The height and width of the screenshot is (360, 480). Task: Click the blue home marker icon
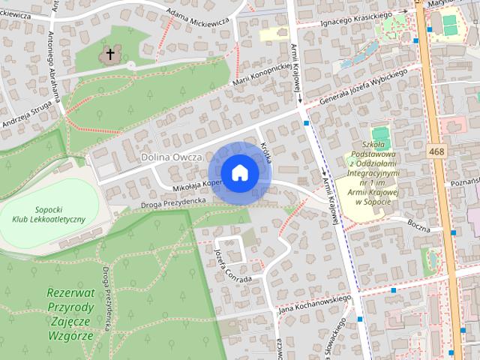coord(239,173)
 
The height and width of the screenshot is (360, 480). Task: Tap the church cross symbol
coord(111,54)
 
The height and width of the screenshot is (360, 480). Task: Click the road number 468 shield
coord(437,151)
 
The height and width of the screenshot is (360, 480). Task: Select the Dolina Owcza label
coord(172,157)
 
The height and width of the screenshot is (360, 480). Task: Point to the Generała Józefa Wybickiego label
coord(364,87)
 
